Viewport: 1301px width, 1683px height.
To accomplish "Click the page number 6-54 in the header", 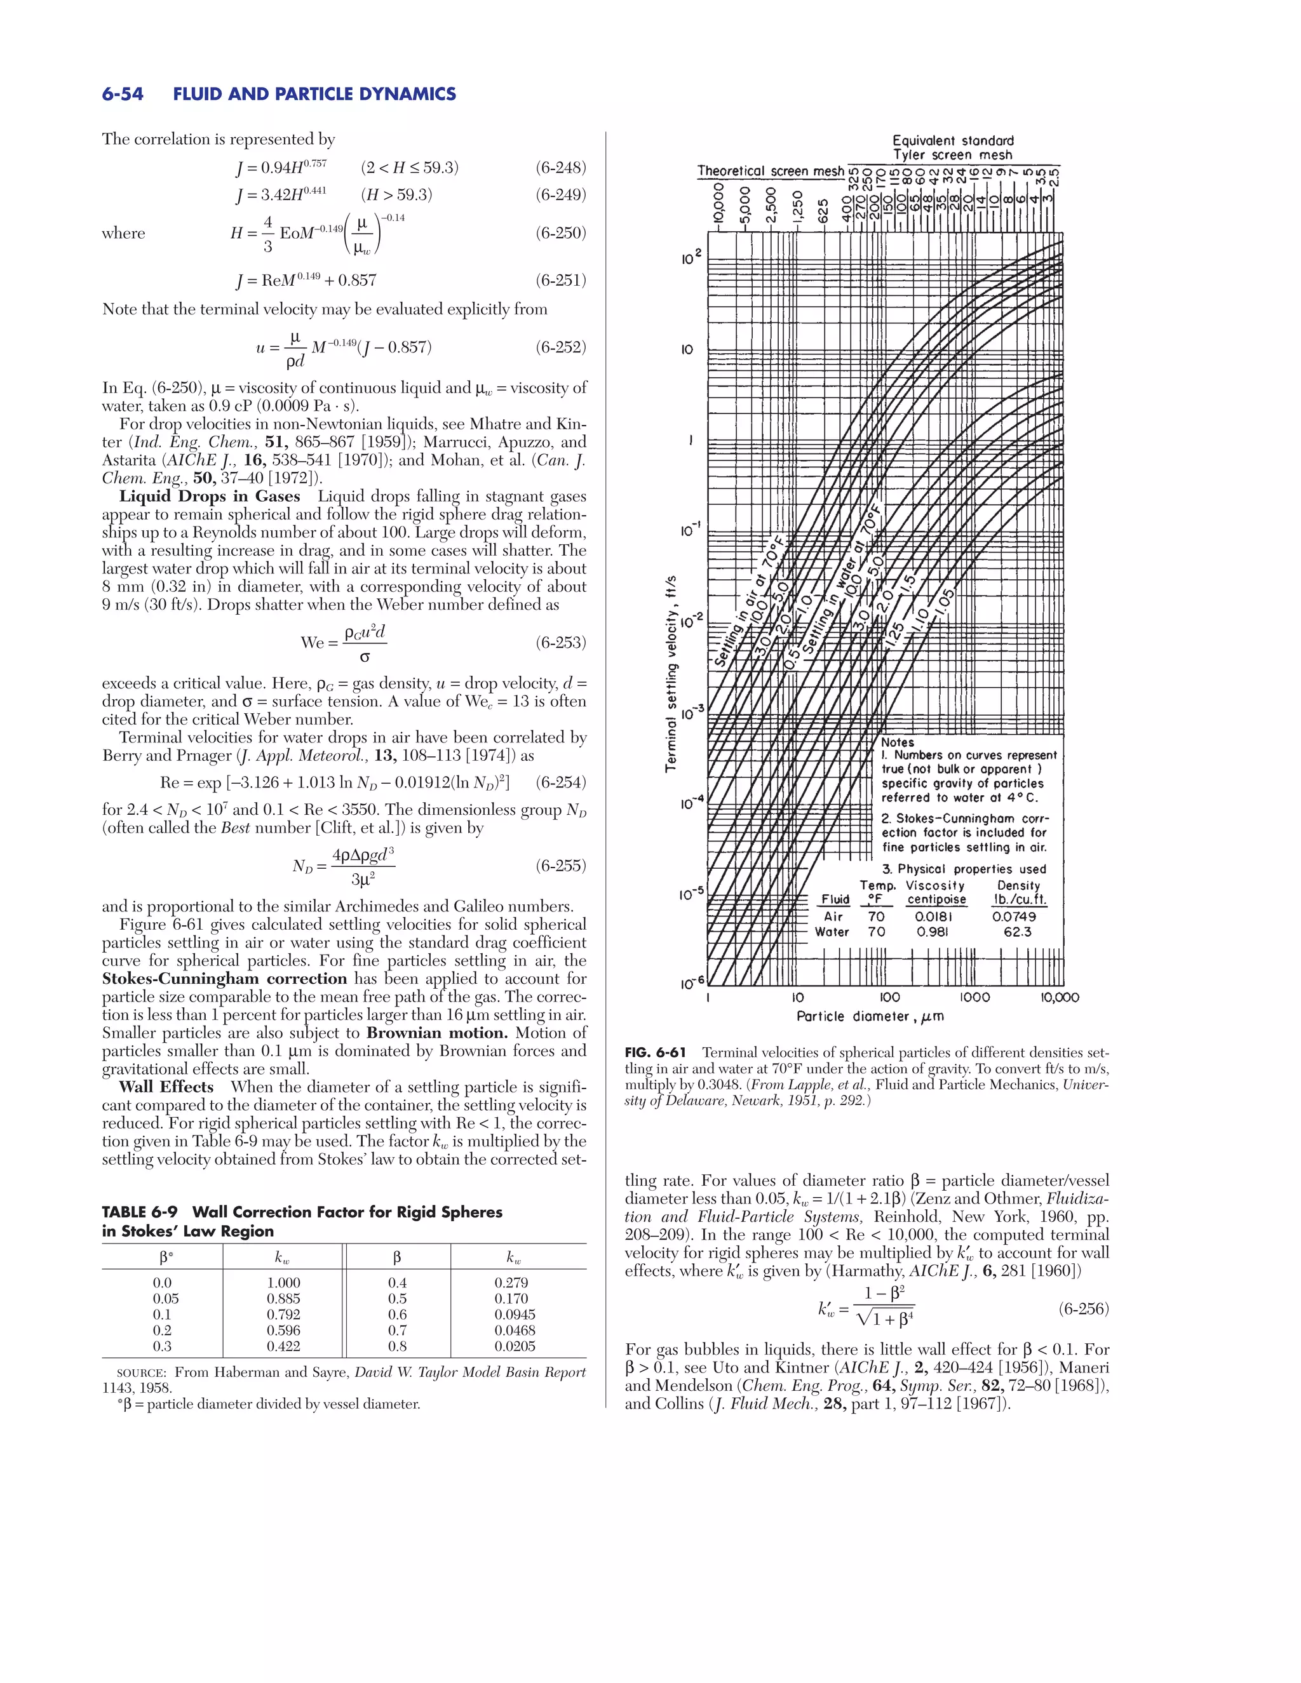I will pos(123,94).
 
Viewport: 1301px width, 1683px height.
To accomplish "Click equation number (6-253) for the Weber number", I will pos(560,643).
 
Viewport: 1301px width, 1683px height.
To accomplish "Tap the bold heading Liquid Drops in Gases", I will pos(209,496).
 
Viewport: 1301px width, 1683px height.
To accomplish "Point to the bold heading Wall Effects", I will pos(166,1087).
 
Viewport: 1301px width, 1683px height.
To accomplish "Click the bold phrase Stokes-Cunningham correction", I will pos(224,979).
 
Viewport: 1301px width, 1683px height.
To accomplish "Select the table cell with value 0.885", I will pos(283,1299).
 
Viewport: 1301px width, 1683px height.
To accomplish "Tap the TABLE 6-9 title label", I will pos(140,1212).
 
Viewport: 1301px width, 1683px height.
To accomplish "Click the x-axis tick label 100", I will pos(889,997).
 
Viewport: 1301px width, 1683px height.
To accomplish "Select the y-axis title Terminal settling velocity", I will pos(671,673).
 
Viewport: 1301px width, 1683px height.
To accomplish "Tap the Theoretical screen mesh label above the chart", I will pos(770,171).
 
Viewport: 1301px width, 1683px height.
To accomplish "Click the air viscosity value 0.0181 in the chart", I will pos(933,916).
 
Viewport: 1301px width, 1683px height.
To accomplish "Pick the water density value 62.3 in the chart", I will pos(1018,932).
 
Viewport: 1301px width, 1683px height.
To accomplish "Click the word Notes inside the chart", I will pos(897,742).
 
